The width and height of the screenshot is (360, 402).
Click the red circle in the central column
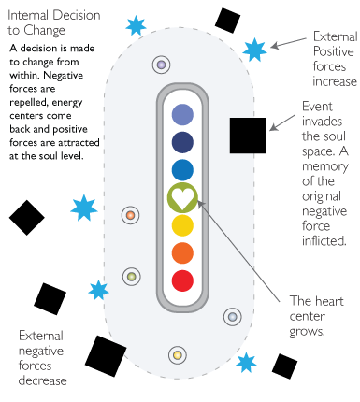183,280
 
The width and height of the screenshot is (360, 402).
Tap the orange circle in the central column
183,252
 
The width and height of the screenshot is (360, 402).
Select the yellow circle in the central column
183,224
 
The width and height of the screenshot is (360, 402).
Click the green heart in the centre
183,197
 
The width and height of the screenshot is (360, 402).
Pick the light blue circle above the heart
183,169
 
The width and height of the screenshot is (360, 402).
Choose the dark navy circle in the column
183,142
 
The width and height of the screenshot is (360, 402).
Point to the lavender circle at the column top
183,114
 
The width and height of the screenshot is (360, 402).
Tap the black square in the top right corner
227,20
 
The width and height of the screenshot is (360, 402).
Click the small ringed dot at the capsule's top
162,65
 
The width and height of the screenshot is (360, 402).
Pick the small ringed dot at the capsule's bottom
176,355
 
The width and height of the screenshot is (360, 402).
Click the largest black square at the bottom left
106,354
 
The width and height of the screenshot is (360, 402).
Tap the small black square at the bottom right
284,366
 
